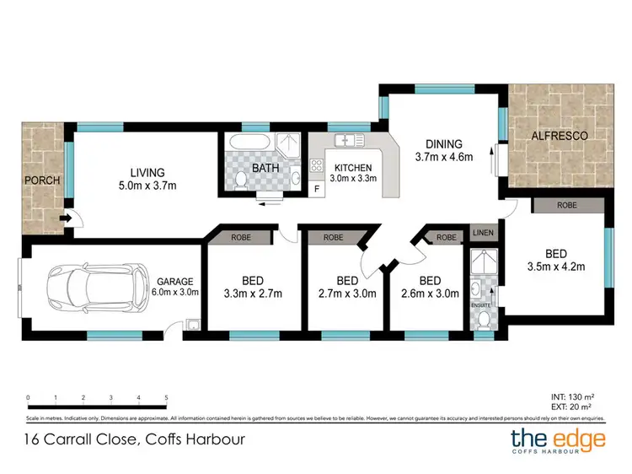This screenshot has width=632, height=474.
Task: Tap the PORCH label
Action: point(40,181)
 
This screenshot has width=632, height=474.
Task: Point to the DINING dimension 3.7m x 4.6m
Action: point(443,156)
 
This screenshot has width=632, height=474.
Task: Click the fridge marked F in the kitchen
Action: point(316,187)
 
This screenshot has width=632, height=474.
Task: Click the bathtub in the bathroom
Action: point(247,142)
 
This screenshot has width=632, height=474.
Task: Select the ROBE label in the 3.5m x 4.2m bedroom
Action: point(565,205)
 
